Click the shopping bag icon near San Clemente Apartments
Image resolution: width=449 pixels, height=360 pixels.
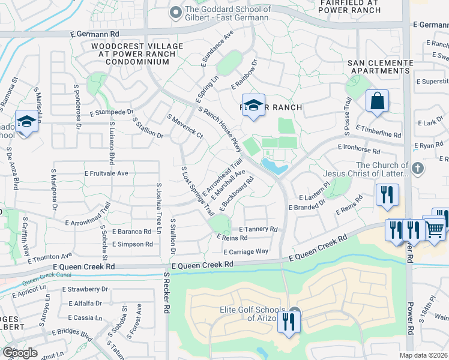[x=377, y=101]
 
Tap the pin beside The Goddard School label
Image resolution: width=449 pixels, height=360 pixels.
[x=175, y=11]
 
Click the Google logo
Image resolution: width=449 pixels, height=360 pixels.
[x=19, y=353]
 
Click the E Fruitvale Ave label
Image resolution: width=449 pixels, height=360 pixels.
[x=107, y=173]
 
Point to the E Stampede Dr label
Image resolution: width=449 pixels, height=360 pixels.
[x=111, y=112]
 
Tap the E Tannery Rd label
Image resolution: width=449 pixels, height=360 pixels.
[x=258, y=229]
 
